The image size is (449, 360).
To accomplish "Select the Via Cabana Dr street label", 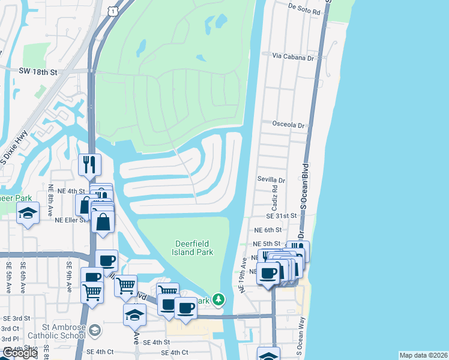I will click(x=294, y=57).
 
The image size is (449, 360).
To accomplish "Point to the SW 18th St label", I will click(x=37, y=72).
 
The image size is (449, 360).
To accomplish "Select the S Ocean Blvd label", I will click(x=304, y=185).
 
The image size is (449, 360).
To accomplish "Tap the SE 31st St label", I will click(x=282, y=215).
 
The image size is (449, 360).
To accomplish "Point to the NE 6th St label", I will click(x=268, y=230).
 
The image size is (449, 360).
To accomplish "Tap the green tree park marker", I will click(x=220, y=299).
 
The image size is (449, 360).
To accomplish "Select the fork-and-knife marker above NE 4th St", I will click(x=89, y=165).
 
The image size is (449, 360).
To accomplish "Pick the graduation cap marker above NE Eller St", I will click(x=28, y=214).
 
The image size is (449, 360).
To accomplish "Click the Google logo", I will click(x=19, y=353).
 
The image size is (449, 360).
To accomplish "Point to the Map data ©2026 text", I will click(x=423, y=355).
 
